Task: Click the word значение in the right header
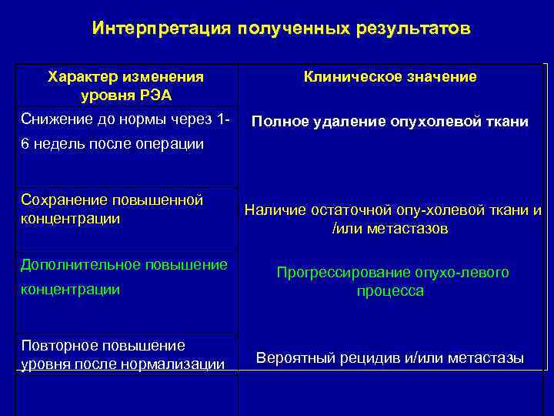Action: [x=439, y=77]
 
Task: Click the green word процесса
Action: [x=390, y=292]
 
